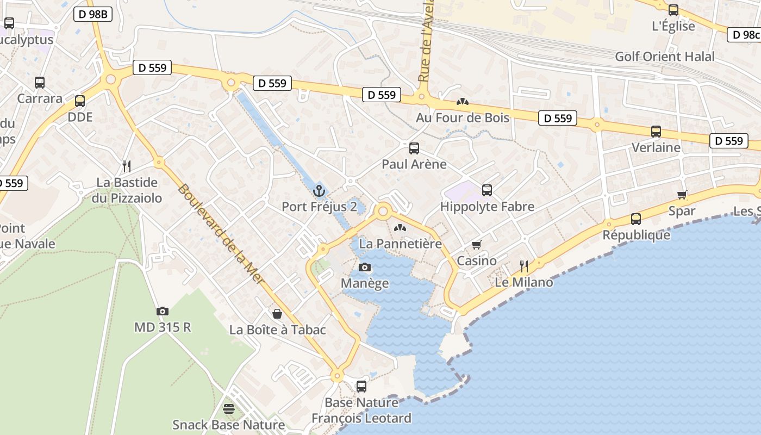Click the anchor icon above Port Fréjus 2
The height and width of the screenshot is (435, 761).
click(319, 191)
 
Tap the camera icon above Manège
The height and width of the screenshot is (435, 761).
click(365, 267)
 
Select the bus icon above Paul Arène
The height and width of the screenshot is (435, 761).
click(414, 148)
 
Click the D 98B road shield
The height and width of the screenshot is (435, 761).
click(92, 15)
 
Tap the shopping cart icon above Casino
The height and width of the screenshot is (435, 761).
click(477, 245)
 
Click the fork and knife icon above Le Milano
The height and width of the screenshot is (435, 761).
click(524, 266)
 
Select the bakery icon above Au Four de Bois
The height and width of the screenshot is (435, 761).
click(463, 102)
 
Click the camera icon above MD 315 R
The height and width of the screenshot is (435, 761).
click(163, 311)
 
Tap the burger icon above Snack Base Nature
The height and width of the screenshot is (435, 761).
click(229, 408)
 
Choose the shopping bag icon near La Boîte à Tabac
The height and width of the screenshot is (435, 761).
click(277, 314)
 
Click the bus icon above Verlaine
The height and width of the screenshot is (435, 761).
click(656, 132)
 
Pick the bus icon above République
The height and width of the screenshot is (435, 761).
click(636, 219)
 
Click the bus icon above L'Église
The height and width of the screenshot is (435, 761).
click(673, 10)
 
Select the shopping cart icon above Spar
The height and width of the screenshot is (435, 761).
click(682, 195)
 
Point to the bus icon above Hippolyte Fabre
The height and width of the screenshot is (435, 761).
click(487, 190)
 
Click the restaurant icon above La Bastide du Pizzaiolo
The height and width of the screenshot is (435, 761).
click(127, 166)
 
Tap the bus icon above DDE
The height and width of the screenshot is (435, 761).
click(80, 101)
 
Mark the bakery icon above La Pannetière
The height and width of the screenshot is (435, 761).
click(400, 228)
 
